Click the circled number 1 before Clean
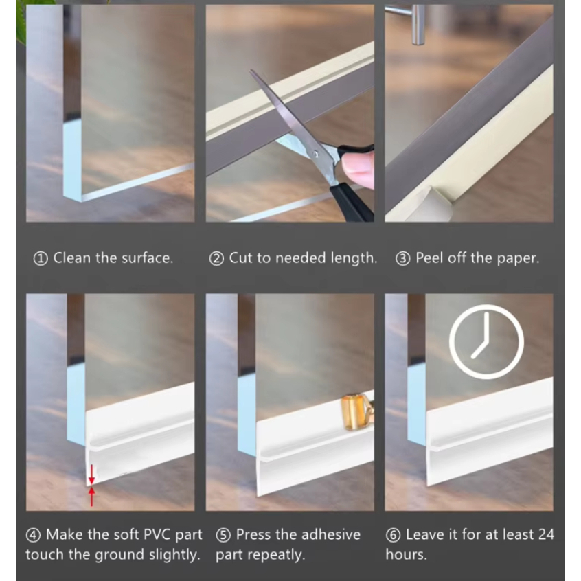(41, 259)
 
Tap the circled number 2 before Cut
(216, 259)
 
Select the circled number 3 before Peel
(402, 259)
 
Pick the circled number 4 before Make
(33, 536)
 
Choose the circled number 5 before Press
(223, 536)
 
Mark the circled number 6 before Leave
(393, 536)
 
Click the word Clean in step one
(72, 258)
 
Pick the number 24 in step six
(546, 535)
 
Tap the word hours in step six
(406, 554)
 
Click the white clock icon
(486, 306)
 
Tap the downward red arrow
(91, 475)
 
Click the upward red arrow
(91, 497)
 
